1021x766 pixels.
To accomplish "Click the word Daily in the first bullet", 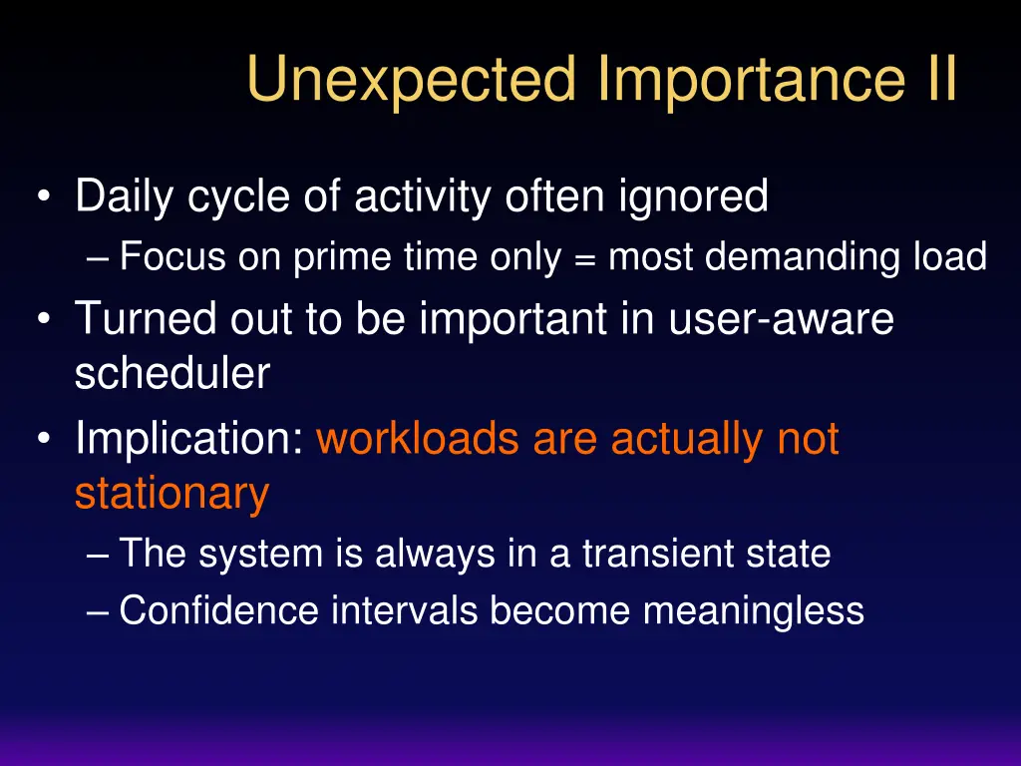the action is click(x=124, y=196).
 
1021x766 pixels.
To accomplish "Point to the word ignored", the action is click(x=693, y=196).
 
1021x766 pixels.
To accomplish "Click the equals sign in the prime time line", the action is click(x=585, y=258).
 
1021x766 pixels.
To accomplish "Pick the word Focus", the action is click(x=172, y=256).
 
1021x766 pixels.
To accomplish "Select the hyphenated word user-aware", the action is click(x=782, y=318).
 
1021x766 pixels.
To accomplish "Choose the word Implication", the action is click(x=189, y=439).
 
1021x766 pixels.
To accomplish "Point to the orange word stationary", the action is click(x=172, y=494).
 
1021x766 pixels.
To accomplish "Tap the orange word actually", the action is click(x=687, y=439).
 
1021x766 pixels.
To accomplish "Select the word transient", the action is click(x=658, y=554).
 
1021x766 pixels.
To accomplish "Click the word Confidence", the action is click(x=219, y=610).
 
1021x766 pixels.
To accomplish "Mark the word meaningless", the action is click(x=754, y=611).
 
